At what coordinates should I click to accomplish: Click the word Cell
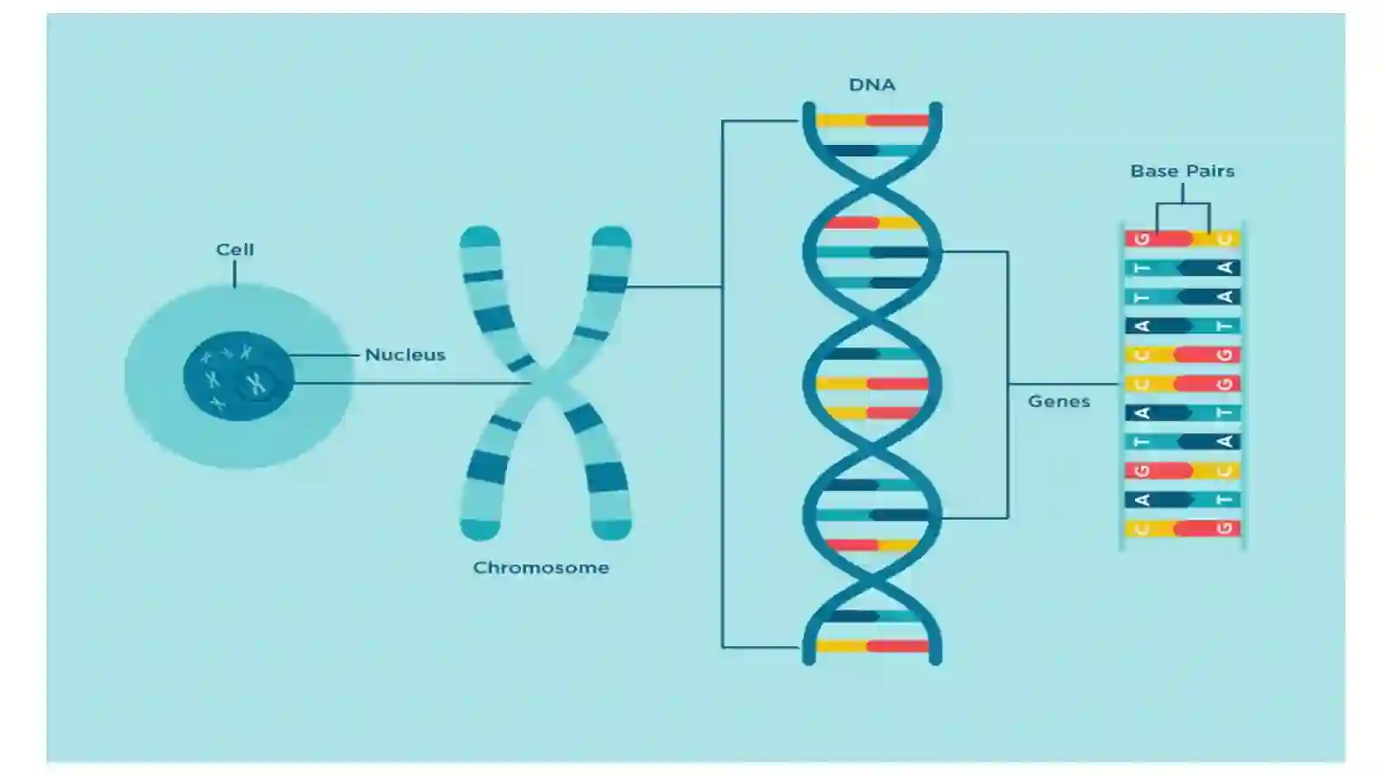(235, 249)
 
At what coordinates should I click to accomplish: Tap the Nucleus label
(405, 354)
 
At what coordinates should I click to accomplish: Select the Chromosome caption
(541, 568)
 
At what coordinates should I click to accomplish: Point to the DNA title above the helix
(872, 84)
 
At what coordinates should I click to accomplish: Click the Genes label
(1059, 402)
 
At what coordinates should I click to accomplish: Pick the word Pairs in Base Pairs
(1208, 171)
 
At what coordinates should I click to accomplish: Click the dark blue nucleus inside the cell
(238, 376)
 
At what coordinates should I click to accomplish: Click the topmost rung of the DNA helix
(872, 121)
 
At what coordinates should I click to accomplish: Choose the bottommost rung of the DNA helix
(872, 646)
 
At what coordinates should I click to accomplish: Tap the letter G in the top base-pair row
(1142, 239)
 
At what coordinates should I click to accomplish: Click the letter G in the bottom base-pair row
(1225, 529)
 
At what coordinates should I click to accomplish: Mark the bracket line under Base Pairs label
(1182, 203)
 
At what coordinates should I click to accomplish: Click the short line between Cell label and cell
(235, 274)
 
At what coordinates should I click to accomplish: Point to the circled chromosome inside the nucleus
(255, 384)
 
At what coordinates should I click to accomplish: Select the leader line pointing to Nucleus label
(324, 355)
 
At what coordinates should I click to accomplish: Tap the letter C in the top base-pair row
(1225, 239)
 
